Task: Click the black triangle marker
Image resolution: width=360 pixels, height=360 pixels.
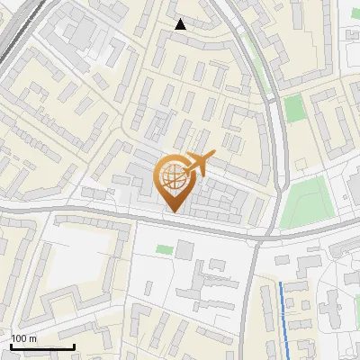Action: tap(180, 24)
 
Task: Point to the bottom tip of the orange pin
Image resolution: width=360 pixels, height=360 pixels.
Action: tap(175, 212)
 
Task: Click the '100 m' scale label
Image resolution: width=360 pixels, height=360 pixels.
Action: tap(23, 338)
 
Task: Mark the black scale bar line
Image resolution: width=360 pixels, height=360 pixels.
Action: tap(42, 346)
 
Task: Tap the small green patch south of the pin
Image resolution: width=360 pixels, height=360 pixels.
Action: tap(163, 248)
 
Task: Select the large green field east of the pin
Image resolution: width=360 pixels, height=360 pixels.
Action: tap(302, 202)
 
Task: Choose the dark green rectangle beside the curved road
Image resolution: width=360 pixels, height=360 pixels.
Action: tap(294, 109)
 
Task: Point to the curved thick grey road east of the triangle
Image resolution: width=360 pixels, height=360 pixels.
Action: tap(262, 72)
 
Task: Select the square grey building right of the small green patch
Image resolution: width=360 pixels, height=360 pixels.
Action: tap(184, 248)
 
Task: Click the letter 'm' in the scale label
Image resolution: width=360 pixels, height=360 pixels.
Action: tap(32, 338)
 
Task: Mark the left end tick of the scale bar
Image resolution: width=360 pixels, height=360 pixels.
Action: tap(12, 346)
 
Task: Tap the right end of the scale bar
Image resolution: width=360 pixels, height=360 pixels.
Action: tap(74, 346)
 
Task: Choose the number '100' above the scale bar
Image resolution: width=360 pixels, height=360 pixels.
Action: tap(19, 338)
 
